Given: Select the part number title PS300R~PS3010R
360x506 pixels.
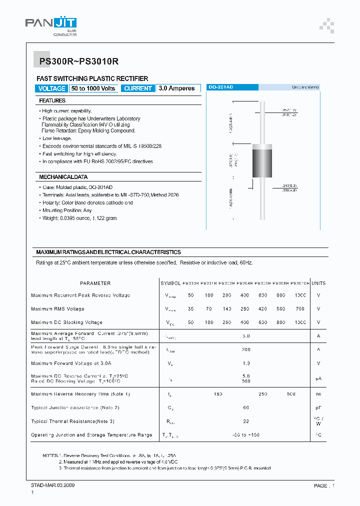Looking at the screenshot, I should (78, 61).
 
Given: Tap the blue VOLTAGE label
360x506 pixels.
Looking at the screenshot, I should (51, 88).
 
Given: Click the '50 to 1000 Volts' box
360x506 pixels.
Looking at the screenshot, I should (93, 88).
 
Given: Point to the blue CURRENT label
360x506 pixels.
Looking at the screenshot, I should (137, 88).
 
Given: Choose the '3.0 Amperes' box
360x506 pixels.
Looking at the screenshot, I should (176, 88).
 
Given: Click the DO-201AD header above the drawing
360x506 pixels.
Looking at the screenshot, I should (220, 87).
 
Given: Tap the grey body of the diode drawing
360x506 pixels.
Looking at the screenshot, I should (262, 161).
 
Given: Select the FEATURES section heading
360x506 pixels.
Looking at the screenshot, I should (52, 100).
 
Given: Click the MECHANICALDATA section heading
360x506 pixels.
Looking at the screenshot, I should (63, 177).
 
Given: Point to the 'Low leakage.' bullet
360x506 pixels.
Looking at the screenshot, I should (56, 138).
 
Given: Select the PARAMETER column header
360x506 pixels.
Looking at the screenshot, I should (95, 283).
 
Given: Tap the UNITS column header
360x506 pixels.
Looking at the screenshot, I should (318, 283).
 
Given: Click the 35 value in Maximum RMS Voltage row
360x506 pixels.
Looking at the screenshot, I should (190, 309).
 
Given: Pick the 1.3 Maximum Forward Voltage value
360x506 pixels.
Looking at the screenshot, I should (246, 363).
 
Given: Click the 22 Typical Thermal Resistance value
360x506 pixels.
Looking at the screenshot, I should (246, 421).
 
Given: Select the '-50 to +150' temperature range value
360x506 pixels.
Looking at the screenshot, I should (246, 435).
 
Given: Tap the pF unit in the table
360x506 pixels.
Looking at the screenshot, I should (318, 408).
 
